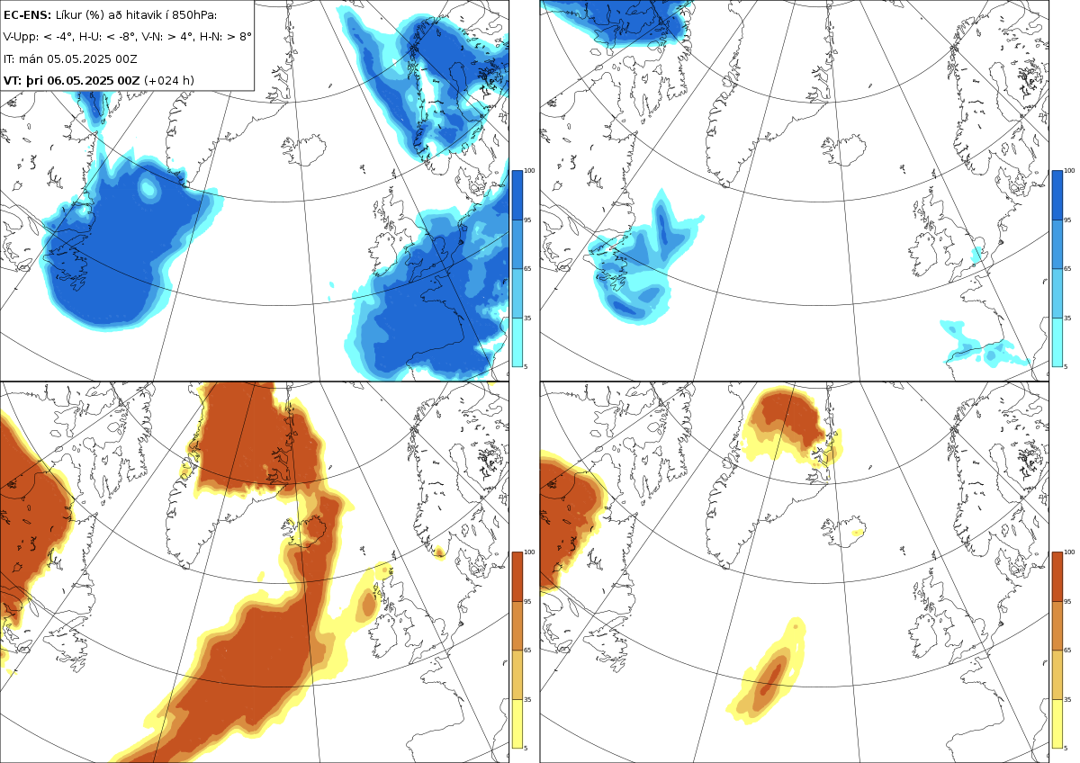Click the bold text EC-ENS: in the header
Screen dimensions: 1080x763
(x=27, y=15)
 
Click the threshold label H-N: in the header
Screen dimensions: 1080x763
(x=211, y=37)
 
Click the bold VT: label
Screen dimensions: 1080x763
(x=13, y=80)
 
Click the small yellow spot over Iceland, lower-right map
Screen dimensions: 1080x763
(x=857, y=532)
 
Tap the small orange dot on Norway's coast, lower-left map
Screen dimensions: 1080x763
(x=439, y=552)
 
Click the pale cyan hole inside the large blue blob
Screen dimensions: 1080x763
(x=148, y=188)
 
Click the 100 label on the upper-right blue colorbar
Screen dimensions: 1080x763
(x=1069, y=171)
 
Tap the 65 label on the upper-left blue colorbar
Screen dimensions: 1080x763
(x=527, y=268)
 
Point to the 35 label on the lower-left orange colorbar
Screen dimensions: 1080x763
(x=527, y=699)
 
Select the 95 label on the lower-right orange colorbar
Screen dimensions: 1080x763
(x=1067, y=602)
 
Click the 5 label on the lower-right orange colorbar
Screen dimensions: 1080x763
(x=1066, y=748)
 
